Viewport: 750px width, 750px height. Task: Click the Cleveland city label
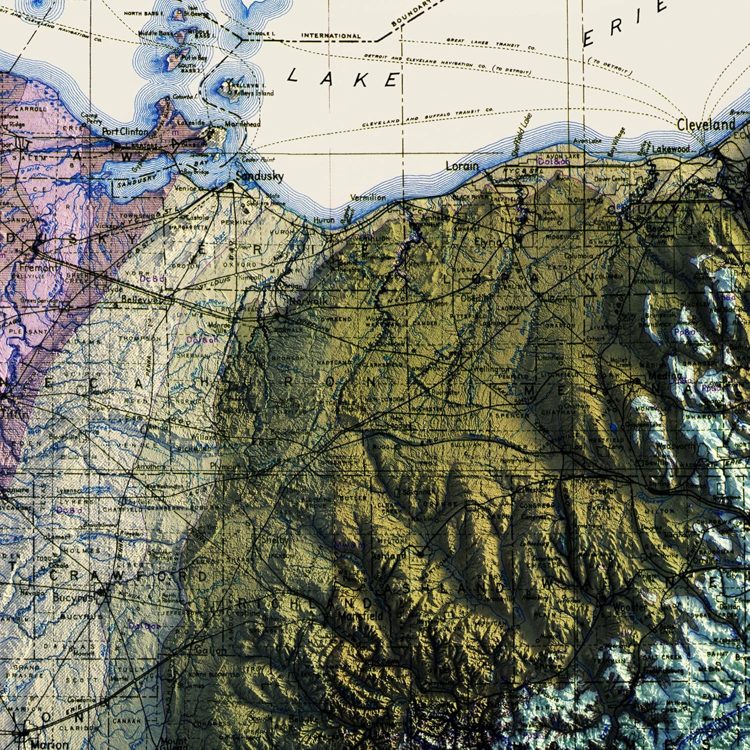(x=706, y=124)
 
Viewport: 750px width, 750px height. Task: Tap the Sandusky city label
(x=259, y=176)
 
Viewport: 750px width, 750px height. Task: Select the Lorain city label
(x=461, y=165)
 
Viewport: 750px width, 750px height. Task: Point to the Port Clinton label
(x=125, y=131)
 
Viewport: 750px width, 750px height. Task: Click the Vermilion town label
(x=368, y=197)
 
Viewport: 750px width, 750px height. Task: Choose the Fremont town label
(x=39, y=267)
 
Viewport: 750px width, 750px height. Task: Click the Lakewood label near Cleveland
(x=670, y=148)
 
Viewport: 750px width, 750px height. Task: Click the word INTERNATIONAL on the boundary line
(x=330, y=36)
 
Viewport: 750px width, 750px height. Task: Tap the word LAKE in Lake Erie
(x=344, y=78)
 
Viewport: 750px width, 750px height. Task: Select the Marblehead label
(x=242, y=123)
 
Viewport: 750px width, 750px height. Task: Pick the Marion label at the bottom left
(x=49, y=744)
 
